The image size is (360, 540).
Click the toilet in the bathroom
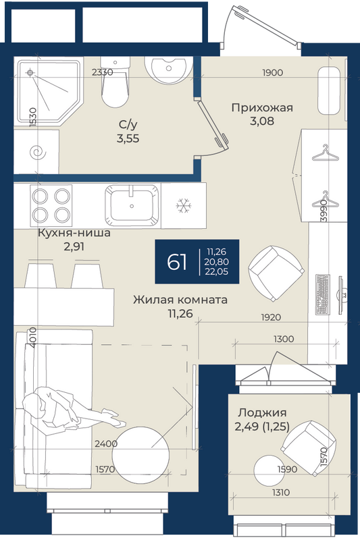click(115, 82)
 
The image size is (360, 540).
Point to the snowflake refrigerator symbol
click(183, 206)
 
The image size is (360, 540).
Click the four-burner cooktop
click(51, 206)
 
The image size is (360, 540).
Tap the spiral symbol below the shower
click(37, 152)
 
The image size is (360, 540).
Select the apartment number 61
click(177, 262)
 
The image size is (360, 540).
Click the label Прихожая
click(262, 108)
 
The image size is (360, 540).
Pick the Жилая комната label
click(180, 300)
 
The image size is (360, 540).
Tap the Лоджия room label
click(263, 412)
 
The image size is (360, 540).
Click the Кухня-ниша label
click(74, 233)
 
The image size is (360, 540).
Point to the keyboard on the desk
click(323, 294)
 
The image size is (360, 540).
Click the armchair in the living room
click(277, 274)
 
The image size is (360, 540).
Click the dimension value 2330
click(102, 72)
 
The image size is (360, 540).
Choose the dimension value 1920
click(271, 317)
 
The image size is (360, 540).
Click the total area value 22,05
click(217, 271)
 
